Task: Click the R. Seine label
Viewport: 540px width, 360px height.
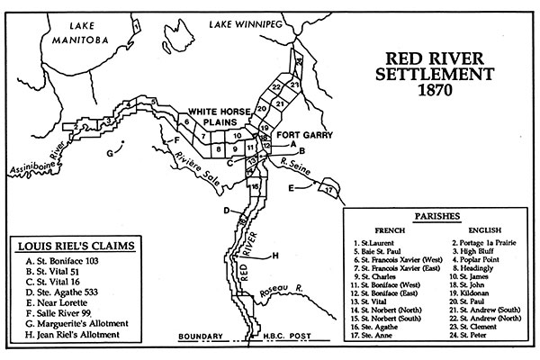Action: point(296,165)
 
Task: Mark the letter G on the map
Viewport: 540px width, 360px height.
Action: point(110,154)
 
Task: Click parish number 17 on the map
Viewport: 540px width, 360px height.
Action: point(330,190)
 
